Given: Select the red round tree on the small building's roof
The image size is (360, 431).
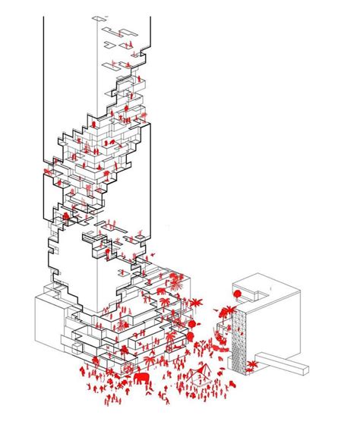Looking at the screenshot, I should [x=237, y=293].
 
